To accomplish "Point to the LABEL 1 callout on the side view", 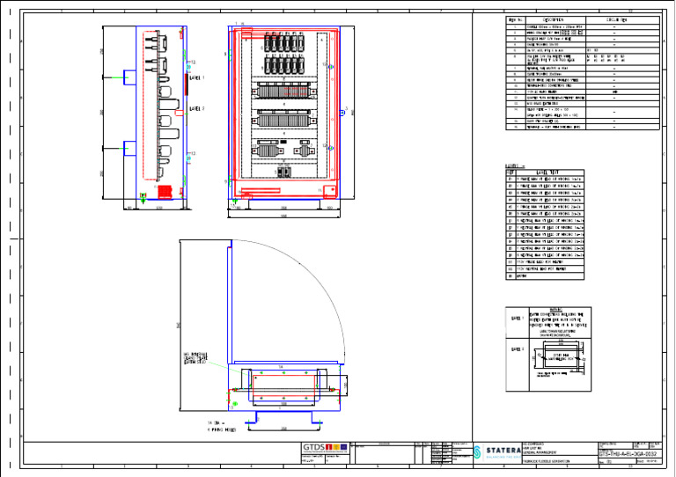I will point(196,77).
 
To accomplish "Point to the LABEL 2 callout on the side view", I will point(196,108).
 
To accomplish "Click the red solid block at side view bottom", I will point(161,187).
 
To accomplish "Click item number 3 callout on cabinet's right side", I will point(346,109).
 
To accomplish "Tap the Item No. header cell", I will point(514,18).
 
